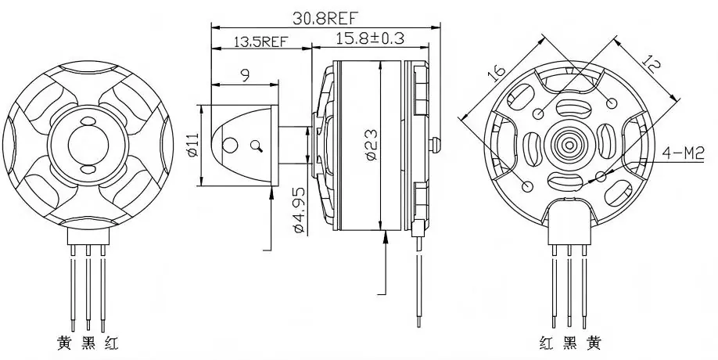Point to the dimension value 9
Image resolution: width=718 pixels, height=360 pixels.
pos(245,76)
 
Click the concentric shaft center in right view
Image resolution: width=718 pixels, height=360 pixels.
pos(568,146)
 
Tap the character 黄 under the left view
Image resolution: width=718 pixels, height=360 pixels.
pos(64,342)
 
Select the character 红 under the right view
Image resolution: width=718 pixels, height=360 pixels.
pos(546,343)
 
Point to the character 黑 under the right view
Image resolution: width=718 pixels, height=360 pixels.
pos(569,343)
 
